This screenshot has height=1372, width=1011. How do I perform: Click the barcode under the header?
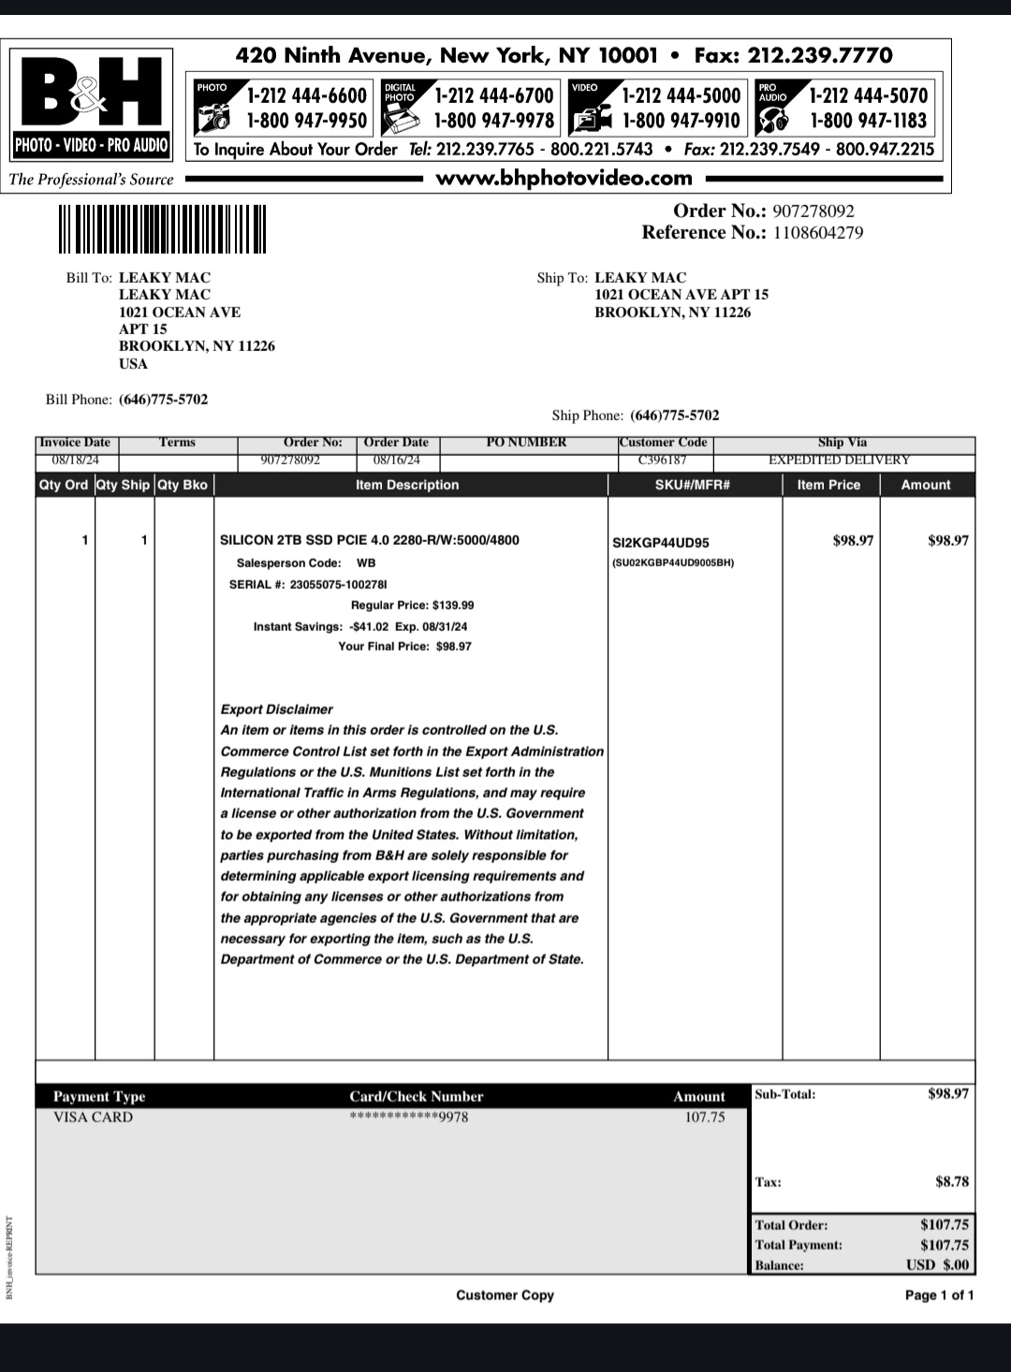[161, 229]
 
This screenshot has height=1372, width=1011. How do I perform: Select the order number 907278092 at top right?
[813, 212]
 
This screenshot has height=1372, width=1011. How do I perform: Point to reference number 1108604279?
[817, 233]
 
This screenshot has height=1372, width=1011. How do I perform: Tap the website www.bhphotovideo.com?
[564, 178]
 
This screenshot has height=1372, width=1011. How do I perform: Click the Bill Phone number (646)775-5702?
[163, 400]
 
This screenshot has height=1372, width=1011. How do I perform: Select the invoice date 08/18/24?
[75, 460]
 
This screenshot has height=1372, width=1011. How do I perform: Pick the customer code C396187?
[662, 460]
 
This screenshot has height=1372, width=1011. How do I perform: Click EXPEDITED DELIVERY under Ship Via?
[839, 460]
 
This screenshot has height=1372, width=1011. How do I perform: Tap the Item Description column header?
[407, 485]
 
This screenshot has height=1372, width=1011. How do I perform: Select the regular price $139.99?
[453, 606]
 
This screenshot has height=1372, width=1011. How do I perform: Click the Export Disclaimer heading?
[276, 709]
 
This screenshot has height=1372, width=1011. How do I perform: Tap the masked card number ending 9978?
[408, 1117]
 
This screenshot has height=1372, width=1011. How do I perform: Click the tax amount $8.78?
[951, 1182]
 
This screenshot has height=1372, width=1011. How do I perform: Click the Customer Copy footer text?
[505, 1295]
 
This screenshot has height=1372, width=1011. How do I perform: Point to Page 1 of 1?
[938, 1295]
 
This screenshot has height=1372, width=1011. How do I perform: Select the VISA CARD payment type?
[93, 1117]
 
